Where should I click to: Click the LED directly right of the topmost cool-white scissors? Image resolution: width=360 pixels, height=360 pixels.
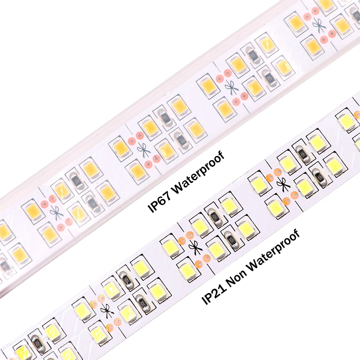[x=305, y=185]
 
